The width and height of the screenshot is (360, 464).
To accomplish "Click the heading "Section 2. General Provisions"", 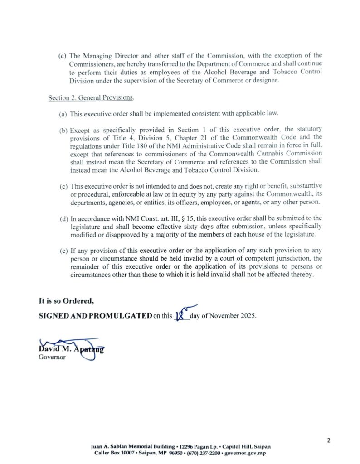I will pos(91,98).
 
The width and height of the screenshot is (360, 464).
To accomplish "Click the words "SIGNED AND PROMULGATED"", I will pos(95,315).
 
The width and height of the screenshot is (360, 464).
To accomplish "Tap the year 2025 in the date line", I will pos(248,315).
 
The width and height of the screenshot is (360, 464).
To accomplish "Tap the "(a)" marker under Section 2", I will pos(63,114).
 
